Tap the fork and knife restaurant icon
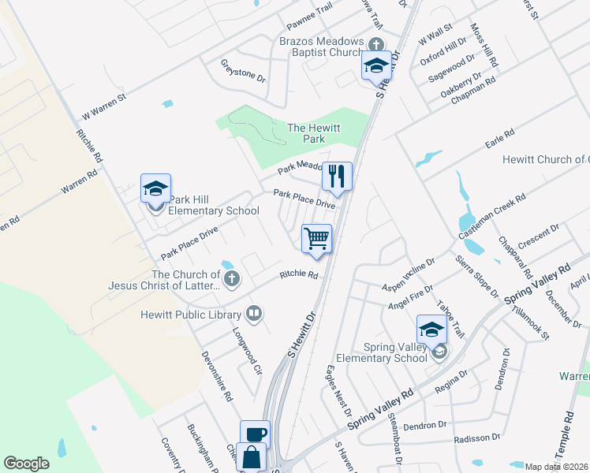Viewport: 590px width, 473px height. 337,176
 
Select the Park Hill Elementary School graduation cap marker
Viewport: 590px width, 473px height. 155,190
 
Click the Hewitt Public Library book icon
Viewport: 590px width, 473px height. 254,315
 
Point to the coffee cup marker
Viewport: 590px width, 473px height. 255,434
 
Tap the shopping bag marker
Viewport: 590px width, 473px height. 251,456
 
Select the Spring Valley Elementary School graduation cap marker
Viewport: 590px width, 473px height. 431,330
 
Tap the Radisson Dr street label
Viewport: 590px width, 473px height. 473,438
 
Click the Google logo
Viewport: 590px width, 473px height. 26,464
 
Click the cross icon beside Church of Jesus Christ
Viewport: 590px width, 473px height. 232,277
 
